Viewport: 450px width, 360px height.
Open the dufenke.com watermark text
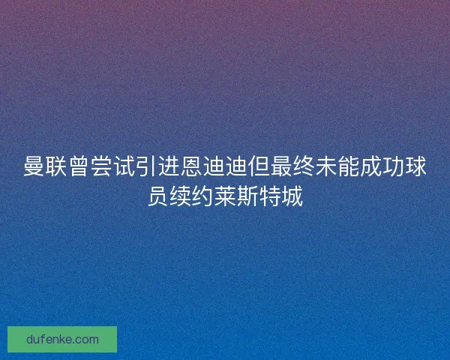tap(62, 339)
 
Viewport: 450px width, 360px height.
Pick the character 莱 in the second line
tap(225, 196)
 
